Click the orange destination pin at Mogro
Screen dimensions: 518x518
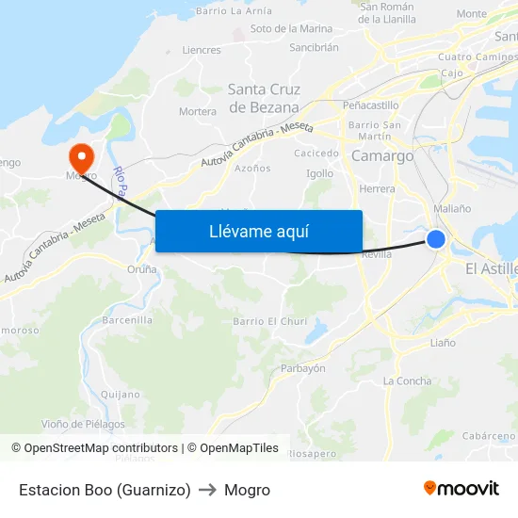[x=82, y=155]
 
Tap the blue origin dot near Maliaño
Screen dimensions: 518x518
[x=436, y=239]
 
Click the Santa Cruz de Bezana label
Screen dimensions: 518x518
[x=264, y=99]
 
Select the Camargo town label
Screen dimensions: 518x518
[x=381, y=156]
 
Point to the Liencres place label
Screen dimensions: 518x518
[x=202, y=50]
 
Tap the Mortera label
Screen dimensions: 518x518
[x=198, y=111]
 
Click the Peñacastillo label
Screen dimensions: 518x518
[x=371, y=105]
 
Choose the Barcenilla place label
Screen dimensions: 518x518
[x=126, y=320]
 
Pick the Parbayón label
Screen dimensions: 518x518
[x=303, y=368]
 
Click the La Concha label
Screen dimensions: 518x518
[x=407, y=381]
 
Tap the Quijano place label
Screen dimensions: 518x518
[x=120, y=395]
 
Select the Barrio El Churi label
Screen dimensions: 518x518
[x=270, y=321]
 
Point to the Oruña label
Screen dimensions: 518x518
[x=141, y=269]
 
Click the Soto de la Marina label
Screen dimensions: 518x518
[x=291, y=29]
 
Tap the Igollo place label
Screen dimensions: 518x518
[x=320, y=173]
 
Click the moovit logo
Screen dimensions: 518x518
[x=461, y=489]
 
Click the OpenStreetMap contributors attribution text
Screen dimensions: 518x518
[x=101, y=448]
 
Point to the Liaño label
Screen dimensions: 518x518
[x=442, y=343]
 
